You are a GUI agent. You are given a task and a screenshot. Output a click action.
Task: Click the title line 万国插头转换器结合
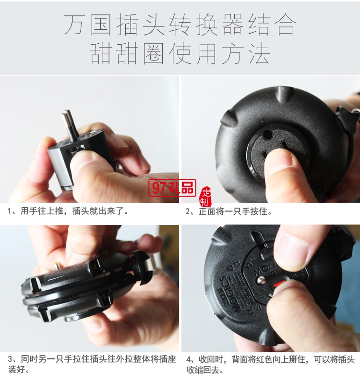pyautogui.click(x=180, y=25)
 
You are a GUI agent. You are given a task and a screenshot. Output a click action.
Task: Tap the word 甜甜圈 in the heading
pyautogui.click(x=125, y=54)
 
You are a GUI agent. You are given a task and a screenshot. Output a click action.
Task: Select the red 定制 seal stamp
pyautogui.click(x=205, y=195)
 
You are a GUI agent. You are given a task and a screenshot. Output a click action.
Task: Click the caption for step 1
pyautogui.click(x=68, y=211)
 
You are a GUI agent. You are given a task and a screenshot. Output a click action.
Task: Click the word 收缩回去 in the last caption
pyautogui.click(x=203, y=370)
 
